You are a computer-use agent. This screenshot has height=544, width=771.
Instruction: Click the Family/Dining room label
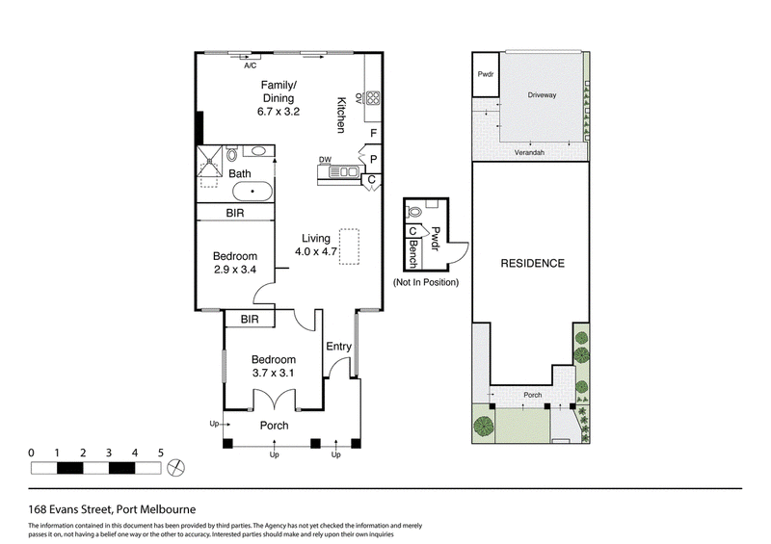point(279,91)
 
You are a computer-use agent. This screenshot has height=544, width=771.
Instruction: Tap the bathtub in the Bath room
point(253,192)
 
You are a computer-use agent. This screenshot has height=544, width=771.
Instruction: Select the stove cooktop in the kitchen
point(372,98)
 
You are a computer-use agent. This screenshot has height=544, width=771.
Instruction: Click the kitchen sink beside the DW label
point(344,172)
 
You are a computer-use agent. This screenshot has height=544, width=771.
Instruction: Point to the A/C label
point(251,65)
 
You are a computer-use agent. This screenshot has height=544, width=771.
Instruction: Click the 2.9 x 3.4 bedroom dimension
point(235,270)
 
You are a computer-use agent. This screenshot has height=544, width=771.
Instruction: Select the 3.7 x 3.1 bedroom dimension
point(274,373)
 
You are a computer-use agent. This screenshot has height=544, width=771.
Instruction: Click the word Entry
point(339,347)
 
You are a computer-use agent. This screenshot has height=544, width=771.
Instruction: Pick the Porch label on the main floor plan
point(275,426)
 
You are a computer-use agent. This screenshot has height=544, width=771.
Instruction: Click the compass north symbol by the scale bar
point(176,467)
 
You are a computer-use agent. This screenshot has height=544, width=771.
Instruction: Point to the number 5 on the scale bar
point(160,453)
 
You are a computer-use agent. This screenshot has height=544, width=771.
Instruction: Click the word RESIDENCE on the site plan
point(533,264)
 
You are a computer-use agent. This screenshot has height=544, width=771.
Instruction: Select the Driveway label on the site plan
point(542,95)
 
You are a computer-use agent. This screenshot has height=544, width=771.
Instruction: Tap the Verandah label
point(529,152)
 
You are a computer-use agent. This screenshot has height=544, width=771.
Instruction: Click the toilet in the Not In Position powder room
point(413,212)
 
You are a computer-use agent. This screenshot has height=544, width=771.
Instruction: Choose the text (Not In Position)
point(426,282)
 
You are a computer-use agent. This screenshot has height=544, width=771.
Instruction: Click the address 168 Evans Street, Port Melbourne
point(112,509)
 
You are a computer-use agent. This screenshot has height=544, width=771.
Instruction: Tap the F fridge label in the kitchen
point(374,133)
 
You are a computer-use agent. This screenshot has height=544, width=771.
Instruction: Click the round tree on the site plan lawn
point(484,426)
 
